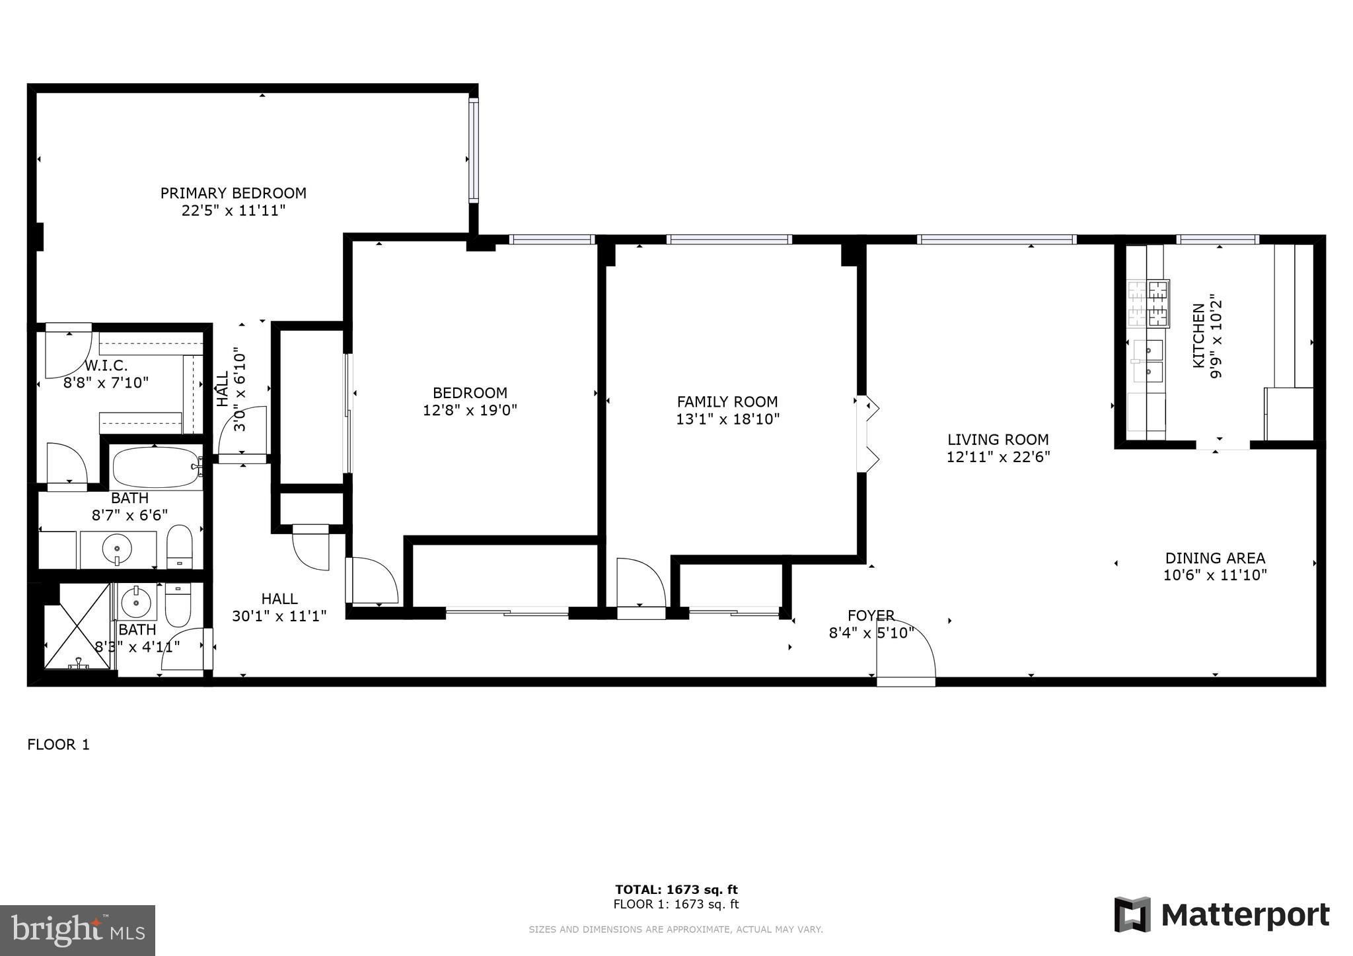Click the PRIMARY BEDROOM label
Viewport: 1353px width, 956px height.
233,193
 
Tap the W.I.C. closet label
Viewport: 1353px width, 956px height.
106,365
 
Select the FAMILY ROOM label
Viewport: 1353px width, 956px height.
727,401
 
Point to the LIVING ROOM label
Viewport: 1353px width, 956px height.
998,440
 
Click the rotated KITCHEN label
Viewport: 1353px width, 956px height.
1198,335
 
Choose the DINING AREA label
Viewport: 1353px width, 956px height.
1215,558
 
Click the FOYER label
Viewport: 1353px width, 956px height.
871,615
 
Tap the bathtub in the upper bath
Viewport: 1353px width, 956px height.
157,467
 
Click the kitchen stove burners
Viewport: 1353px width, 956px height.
1148,303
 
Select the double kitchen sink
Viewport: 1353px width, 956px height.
1148,361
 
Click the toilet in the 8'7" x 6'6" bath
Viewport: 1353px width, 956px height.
179,547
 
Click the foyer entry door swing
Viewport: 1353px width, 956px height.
906,653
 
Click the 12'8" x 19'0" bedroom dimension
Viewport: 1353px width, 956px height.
470,410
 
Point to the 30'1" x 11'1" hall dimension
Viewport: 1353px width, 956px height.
279,616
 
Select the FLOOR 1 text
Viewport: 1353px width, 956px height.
58,745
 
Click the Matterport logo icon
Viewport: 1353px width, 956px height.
1132,915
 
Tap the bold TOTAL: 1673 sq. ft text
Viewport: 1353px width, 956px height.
676,890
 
